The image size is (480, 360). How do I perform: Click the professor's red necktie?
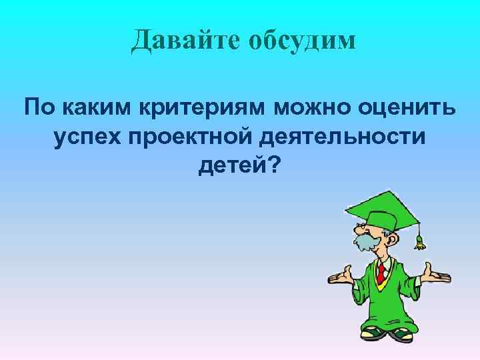[x=381, y=272]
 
